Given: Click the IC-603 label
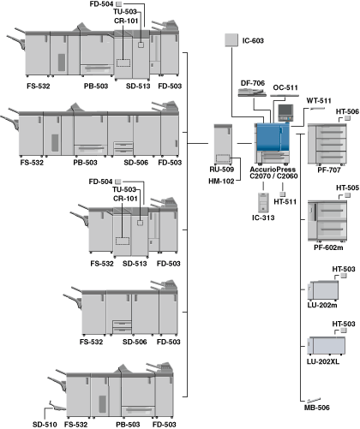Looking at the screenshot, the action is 253,41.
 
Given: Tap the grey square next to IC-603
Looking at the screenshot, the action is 231,40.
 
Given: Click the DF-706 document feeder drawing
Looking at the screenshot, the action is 252,92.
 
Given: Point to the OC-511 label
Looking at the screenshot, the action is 285,87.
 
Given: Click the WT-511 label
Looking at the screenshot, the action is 319,101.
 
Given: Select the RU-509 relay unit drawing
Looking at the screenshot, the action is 223,145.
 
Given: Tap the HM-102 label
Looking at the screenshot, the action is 221,182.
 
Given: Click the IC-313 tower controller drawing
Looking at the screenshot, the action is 263,203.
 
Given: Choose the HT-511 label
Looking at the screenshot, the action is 285,202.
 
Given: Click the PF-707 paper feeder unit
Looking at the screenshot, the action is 327,145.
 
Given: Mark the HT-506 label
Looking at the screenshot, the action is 347,111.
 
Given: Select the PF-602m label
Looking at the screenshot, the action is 328,247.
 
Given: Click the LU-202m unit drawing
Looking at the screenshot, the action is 323,290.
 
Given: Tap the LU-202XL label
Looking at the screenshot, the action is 323,361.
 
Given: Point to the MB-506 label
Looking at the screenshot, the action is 317,408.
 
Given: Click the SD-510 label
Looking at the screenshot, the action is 45,425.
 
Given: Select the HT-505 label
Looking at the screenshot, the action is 347,188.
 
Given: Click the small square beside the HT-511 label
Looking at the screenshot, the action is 282,194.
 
